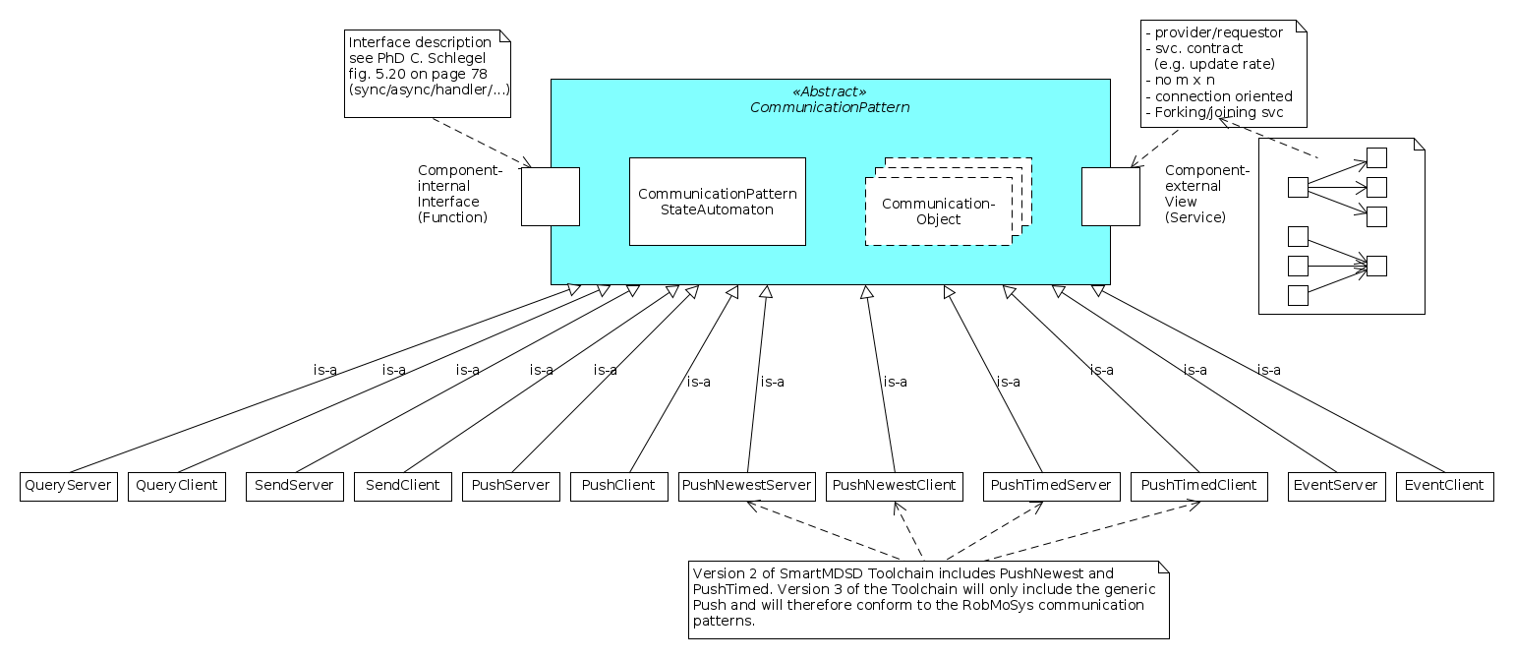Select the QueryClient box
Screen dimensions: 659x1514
coord(177,486)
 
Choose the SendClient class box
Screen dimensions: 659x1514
coord(403,486)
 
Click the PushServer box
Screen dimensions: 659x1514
coord(511,486)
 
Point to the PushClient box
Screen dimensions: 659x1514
coord(619,486)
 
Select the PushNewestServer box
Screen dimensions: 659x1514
coord(747,486)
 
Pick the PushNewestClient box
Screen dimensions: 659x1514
coord(895,486)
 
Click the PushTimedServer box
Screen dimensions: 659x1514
coord(1051,486)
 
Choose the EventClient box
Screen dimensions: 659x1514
coord(1444,486)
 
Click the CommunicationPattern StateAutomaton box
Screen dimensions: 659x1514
coord(718,202)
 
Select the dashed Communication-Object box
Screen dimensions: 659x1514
coord(939,210)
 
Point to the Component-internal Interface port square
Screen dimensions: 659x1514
coord(551,197)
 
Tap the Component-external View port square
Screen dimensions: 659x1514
coord(1111,197)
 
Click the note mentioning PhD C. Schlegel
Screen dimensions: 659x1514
coord(430,74)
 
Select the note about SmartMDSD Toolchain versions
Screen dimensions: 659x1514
coord(928,599)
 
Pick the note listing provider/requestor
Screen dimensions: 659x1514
coord(1224,74)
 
